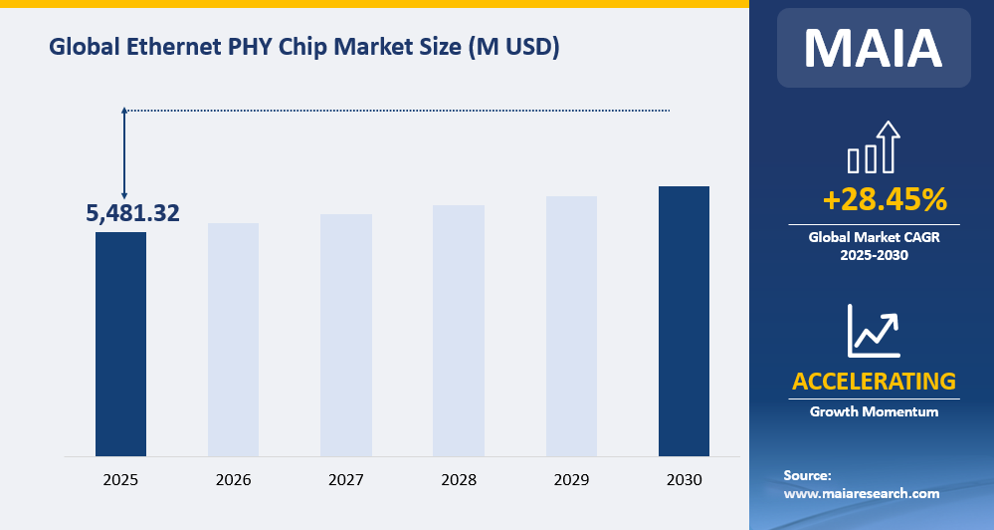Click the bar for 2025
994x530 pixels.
pos(120,344)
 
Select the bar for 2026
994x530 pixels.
pos(233,339)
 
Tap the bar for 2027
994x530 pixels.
pos(346,335)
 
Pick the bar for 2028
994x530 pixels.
pos(459,330)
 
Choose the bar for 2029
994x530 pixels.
pos(571,326)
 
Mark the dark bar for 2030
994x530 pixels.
pos(684,321)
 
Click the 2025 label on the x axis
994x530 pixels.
pos(120,480)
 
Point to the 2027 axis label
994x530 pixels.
pos(346,480)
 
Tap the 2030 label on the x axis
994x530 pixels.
pos(684,480)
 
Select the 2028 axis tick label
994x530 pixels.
pos(459,480)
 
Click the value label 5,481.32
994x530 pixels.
pos(132,212)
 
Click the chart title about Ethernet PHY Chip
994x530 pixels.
pos(303,47)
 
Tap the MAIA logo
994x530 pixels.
pos(873,47)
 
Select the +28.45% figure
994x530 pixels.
pos(885,200)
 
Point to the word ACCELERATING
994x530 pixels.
pos(874,381)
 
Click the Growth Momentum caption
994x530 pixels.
pos(874,411)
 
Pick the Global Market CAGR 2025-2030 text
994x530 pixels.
pos(874,246)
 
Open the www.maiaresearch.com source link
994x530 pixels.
pos(862,493)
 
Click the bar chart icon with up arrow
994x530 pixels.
pos(873,147)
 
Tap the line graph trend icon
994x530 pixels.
pos(873,331)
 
